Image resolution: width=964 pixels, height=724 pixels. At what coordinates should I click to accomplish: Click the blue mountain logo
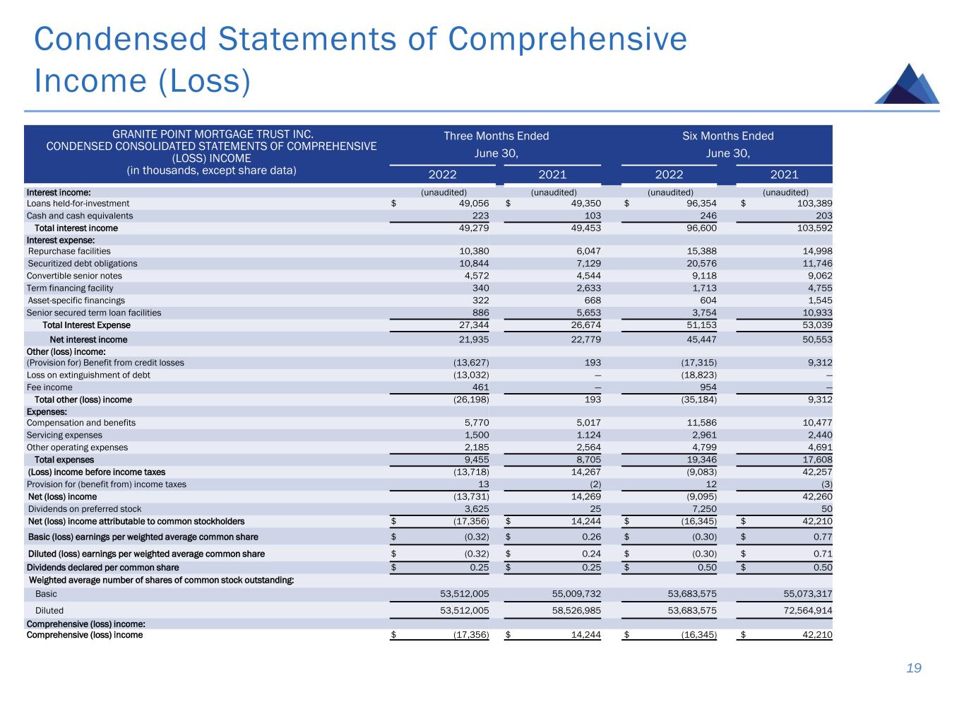pyautogui.click(x=907, y=84)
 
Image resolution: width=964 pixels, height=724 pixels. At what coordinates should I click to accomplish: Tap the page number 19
pyautogui.click(x=914, y=668)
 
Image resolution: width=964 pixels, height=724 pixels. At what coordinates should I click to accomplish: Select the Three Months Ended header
pyautogui.click(x=496, y=136)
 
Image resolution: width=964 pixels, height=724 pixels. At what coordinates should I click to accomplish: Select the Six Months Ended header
pyautogui.click(x=727, y=136)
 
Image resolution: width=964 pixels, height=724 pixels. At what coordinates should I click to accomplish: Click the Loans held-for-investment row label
pyautogui.click(x=78, y=204)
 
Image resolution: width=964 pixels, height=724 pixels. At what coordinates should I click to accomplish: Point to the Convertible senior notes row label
pyautogui.click(x=74, y=276)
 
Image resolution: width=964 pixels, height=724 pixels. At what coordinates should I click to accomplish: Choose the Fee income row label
pyautogui.click(x=49, y=387)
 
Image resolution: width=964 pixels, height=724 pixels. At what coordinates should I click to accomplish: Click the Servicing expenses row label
pyautogui.click(x=64, y=435)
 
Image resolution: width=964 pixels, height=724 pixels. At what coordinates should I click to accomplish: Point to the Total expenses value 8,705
pyautogui.click(x=587, y=460)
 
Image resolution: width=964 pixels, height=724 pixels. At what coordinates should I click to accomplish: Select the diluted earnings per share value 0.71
pyautogui.click(x=822, y=554)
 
